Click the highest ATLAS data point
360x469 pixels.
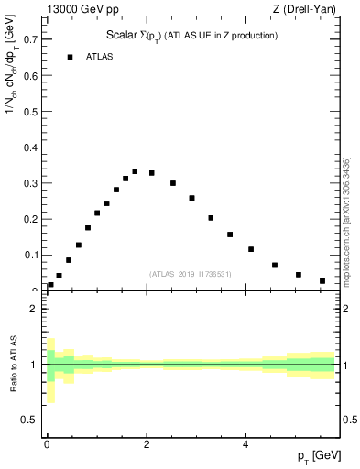[135, 171]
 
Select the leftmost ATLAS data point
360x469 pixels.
[50, 284]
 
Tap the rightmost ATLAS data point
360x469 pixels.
[322, 281]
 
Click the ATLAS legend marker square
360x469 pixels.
[69, 57]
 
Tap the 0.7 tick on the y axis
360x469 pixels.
[31, 40]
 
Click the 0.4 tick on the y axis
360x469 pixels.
[31, 147]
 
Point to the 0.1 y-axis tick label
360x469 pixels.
[31, 255]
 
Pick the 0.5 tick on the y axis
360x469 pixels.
[31, 112]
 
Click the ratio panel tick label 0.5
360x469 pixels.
[29, 420]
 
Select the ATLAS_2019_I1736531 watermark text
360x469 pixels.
[191, 274]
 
